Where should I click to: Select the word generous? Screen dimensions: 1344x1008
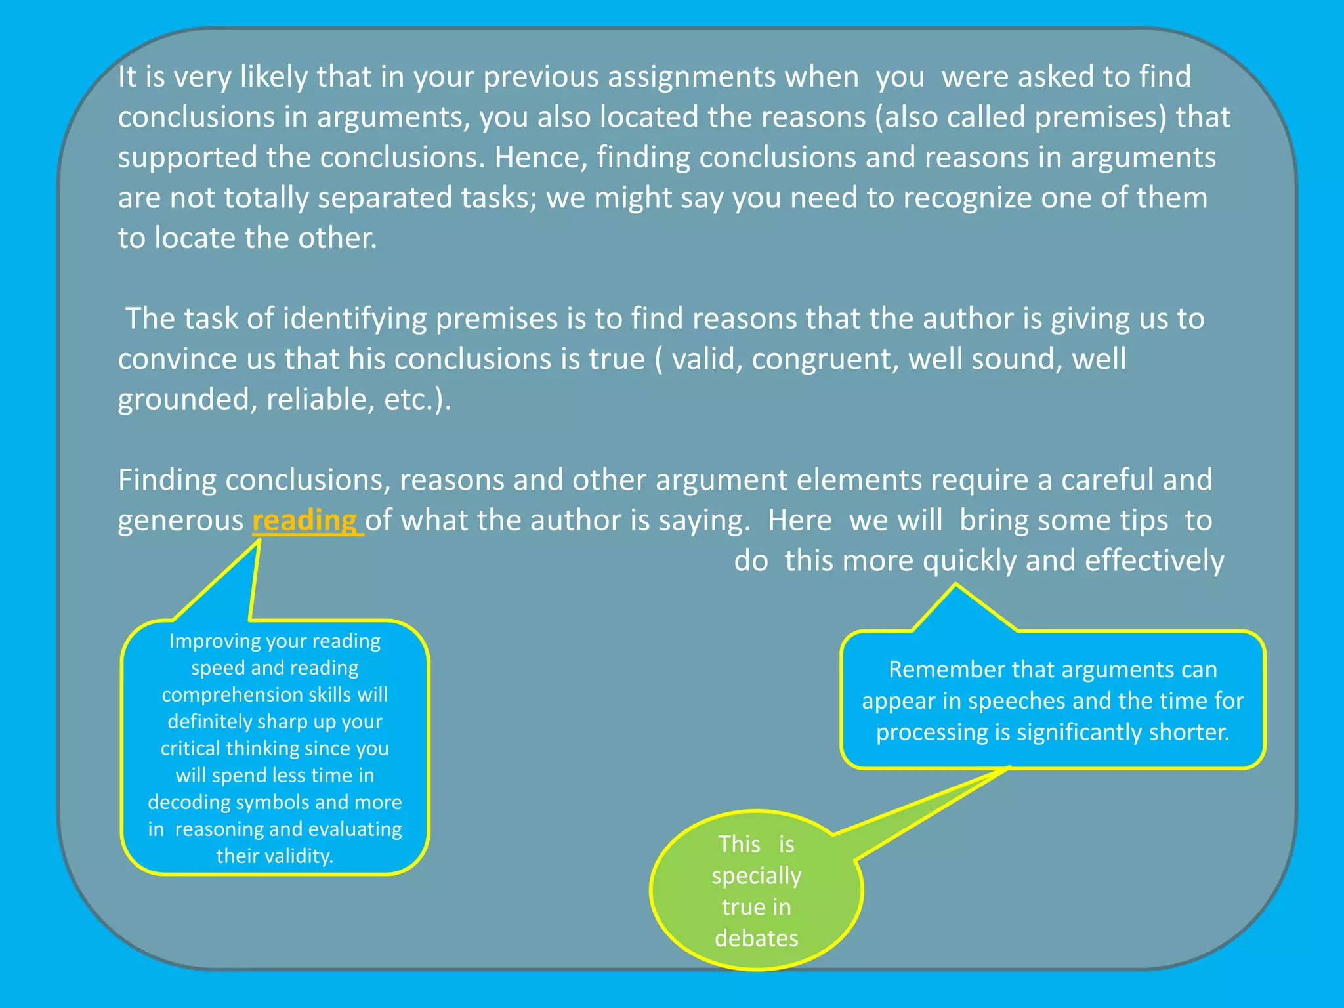click(180, 520)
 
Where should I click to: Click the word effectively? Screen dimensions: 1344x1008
click(1154, 560)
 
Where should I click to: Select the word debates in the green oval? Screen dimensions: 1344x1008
click(756, 938)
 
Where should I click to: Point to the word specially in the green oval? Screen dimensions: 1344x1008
click(756, 875)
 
